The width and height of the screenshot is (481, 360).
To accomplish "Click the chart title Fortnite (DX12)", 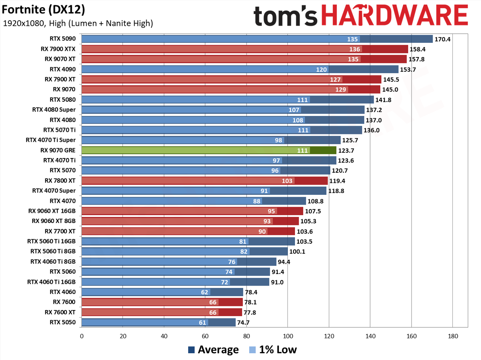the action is click(x=43, y=10).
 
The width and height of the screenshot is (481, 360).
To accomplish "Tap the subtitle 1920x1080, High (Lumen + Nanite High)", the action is click(x=78, y=23).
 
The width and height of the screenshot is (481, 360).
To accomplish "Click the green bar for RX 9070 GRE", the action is click(x=209, y=151).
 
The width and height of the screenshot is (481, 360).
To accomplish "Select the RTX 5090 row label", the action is click(x=62, y=39).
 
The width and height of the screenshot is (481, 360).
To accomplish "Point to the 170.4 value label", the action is click(x=442, y=39).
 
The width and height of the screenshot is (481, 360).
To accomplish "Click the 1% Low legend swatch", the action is click(x=252, y=350).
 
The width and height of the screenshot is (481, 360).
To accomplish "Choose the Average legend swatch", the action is click(x=191, y=350).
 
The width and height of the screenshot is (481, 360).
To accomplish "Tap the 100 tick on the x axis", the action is click(x=288, y=336).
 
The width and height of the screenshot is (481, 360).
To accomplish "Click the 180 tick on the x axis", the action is click(x=453, y=336).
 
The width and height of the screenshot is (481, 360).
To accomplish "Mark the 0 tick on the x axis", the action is click(x=82, y=336).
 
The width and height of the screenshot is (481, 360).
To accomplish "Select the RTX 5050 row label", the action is click(x=62, y=322).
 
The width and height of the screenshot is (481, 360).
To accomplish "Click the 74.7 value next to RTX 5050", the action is click(x=243, y=322).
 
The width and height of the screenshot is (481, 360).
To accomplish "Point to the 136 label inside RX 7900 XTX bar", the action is click(x=355, y=49).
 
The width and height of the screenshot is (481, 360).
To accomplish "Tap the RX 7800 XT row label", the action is click(x=60, y=181).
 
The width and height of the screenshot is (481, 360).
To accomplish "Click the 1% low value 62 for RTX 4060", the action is click(x=204, y=292).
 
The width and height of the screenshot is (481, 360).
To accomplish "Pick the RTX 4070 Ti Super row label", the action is click(x=51, y=140).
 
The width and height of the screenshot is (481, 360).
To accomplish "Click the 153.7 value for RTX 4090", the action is click(x=408, y=69).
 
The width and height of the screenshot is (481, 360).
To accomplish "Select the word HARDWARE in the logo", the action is click(x=395, y=15).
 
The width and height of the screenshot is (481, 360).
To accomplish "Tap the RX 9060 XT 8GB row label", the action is click(x=54, y=221).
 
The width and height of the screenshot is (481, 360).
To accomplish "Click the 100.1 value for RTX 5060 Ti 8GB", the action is click(x=297, y=252).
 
